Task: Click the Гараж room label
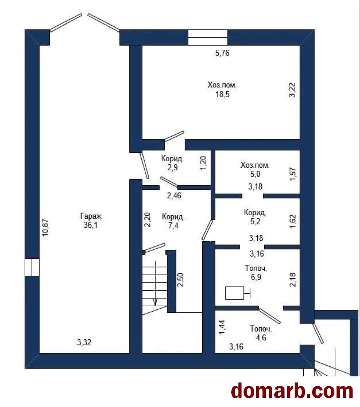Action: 91,216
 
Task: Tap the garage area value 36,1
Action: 90,225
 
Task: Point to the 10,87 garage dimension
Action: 46,228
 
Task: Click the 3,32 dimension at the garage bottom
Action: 84,343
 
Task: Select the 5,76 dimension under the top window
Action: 223,53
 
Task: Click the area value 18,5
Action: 223,94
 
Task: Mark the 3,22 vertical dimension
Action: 292,90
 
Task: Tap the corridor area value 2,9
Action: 173,167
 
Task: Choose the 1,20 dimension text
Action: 203,163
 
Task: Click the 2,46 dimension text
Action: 174,196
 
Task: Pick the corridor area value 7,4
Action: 173,226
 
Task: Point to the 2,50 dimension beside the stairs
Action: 180,280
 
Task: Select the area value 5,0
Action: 255,174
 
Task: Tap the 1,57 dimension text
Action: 293,174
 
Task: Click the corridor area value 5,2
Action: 255,221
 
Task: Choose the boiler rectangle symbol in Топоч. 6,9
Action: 235,293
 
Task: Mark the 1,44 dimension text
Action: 222,327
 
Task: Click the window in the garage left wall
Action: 32,267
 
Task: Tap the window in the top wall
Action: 208,38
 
